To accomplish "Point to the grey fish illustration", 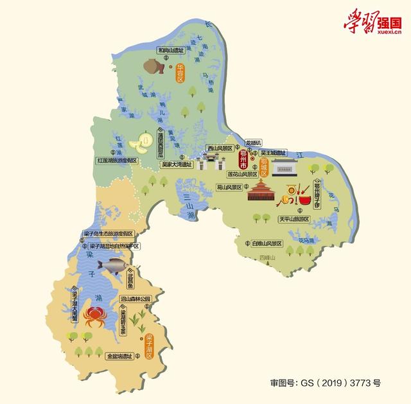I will tap(111, 264).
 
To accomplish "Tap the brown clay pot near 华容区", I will tap(155, 66).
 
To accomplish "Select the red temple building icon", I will tap(262, 191).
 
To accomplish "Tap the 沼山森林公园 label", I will tap(135, 299).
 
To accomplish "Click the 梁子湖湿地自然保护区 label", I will tap(114, 246).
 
